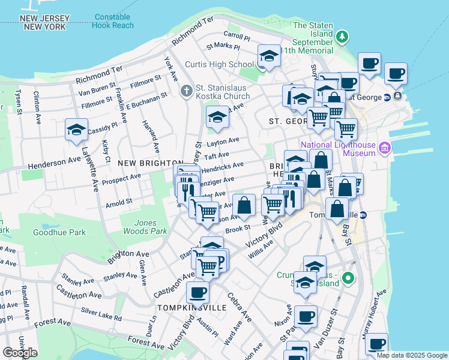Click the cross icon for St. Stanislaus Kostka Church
click(187, 91)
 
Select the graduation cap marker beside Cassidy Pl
click(77, 130)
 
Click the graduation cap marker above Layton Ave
click(217, 117)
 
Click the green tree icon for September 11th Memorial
click(342, 37)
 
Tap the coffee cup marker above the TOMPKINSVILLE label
click(197, 293)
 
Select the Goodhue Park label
click(59, 232)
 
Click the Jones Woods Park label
click(145, 227)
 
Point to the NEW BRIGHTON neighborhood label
click(150, 163)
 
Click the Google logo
click(20, 352)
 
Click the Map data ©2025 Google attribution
click(411, 355)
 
